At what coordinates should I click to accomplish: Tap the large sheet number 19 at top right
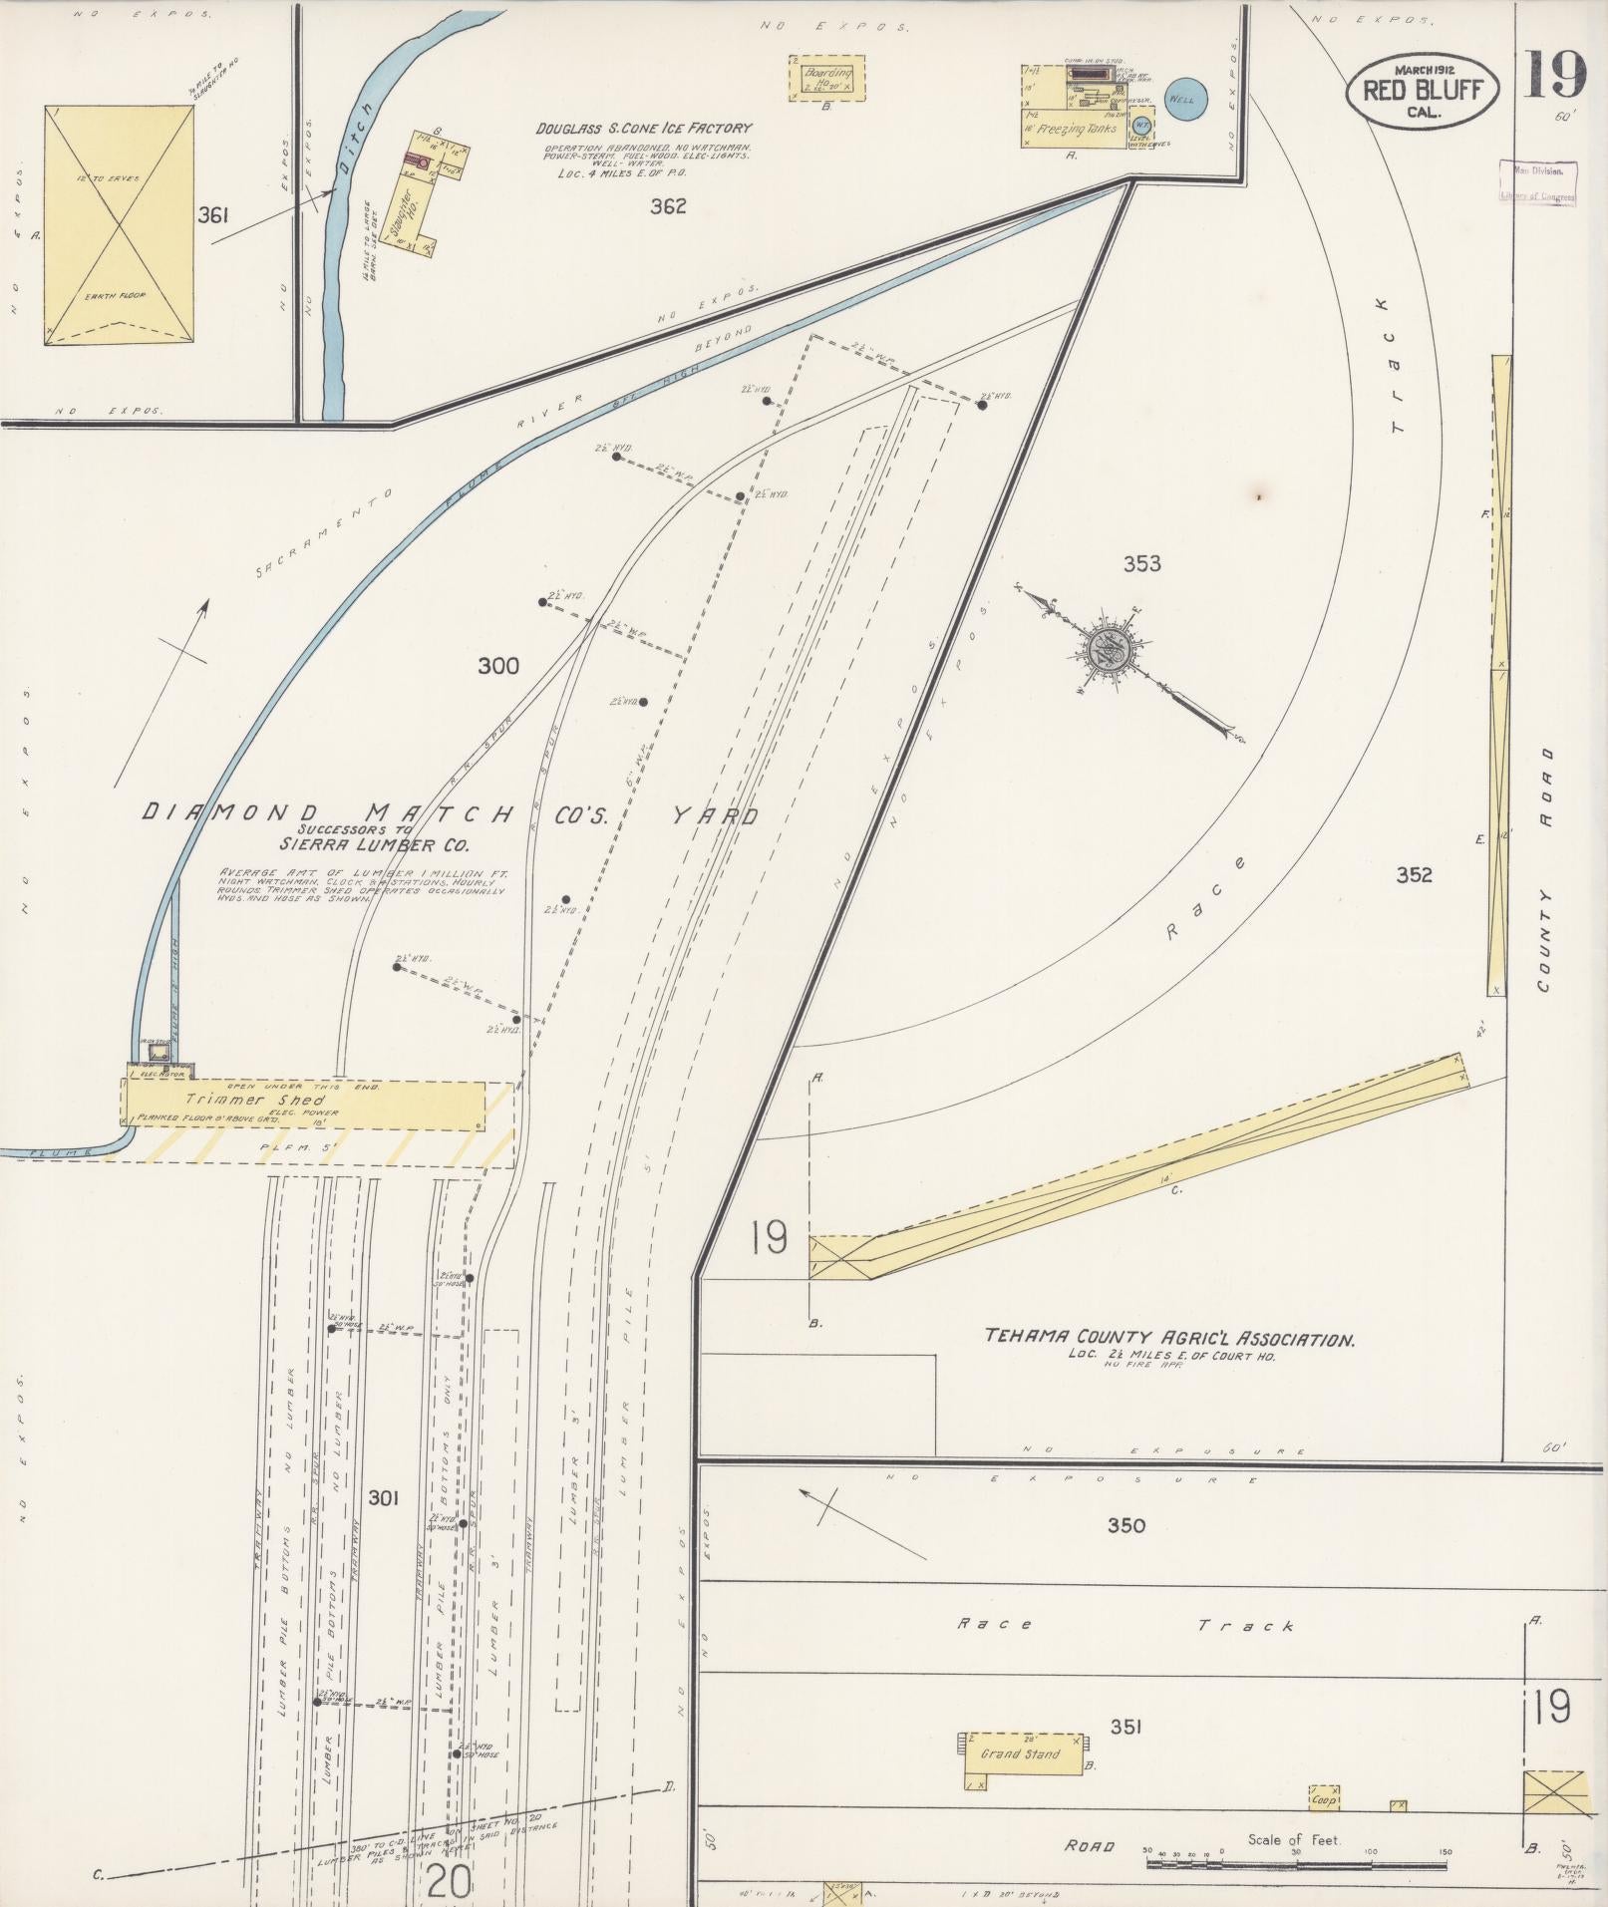[1553, 76]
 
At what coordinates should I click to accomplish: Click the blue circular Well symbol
[1185, 100]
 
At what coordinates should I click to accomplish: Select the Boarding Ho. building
[827, 79]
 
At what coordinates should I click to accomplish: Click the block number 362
[668, 206]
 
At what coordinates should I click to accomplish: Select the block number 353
[1142, 563]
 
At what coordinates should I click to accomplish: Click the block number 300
[497, 666]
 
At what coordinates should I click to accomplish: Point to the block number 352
[1414, 874]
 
